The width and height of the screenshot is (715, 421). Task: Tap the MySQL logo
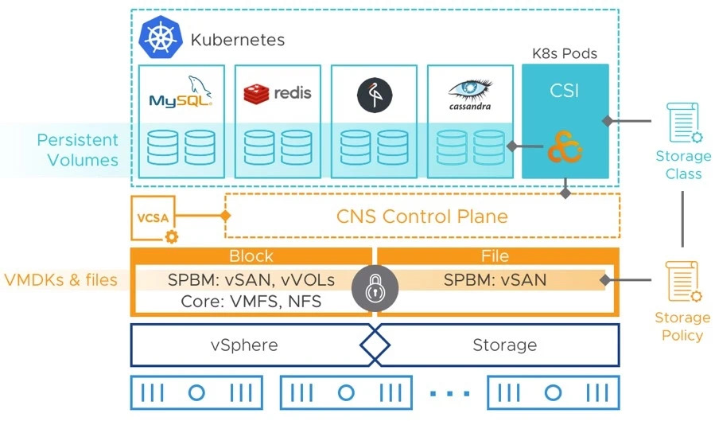coord(181,93)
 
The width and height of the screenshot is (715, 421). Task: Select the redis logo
coord(278,93)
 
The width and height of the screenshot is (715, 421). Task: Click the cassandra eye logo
coord(469,94)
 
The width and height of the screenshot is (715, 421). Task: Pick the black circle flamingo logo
coord(374,94)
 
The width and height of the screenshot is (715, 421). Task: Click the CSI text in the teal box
coord(565,92)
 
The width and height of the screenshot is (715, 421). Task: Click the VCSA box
coord(153,216)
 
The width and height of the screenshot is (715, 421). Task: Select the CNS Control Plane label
coord(422,216)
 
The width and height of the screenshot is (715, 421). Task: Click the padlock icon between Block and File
coord(373,290)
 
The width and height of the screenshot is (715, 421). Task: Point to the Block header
coord(251,256)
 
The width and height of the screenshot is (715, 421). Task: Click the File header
coord(496,256)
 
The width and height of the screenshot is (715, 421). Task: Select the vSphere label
coord(244,345)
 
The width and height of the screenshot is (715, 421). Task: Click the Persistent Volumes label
coord(77,150)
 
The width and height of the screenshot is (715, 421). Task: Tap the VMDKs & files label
coord(61,280)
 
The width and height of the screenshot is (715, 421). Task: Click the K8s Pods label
coord(565,54)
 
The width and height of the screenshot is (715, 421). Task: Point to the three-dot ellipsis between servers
coord(449,393)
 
